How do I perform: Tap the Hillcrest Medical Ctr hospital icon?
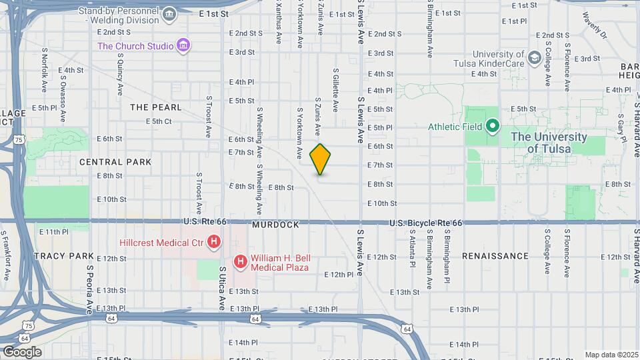coord(213,242)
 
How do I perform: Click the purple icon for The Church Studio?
coord(183,46)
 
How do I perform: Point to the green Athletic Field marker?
coord(493,125)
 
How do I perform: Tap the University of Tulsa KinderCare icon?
coord(534,59)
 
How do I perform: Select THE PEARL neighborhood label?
coord(155,107)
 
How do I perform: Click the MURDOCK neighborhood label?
coord(275,225)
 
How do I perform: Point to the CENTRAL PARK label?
coord(115,162)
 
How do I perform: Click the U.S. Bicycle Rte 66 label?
coord(425,222)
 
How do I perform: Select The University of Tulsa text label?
coord(549,143)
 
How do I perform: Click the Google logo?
coord(21,351)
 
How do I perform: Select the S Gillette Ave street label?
coord(335,89)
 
